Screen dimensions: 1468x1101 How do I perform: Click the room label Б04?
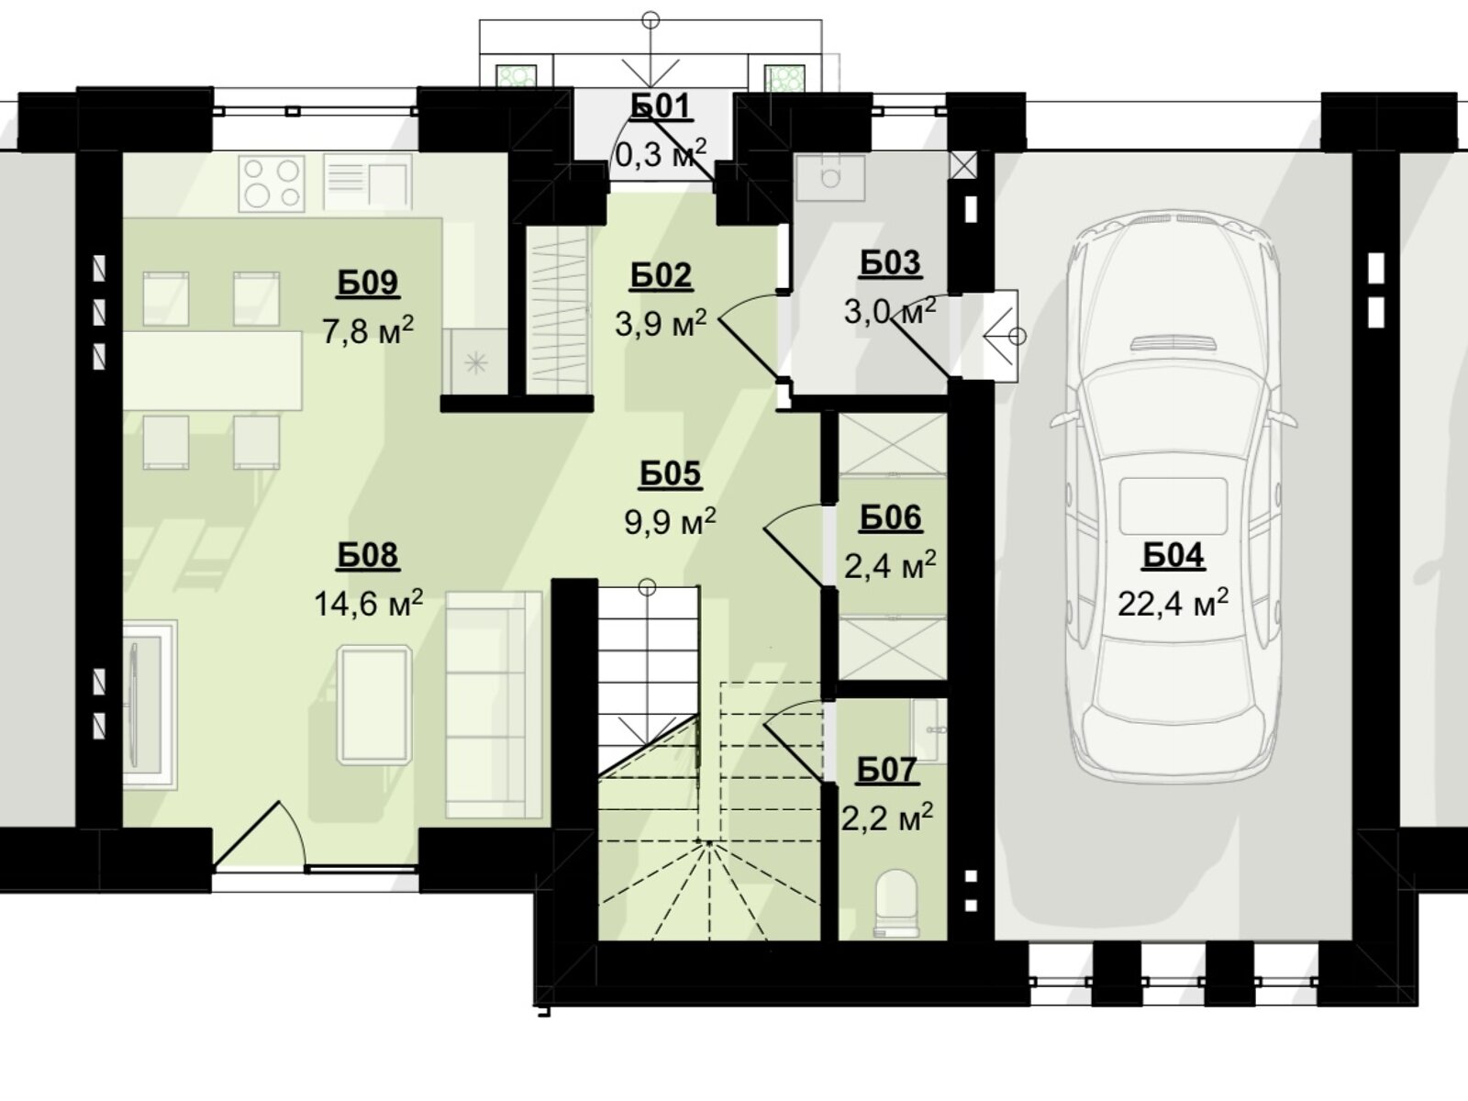(1173, 555)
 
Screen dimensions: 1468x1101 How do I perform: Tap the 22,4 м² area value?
(1173, 603)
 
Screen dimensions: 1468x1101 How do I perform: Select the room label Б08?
(368, 555)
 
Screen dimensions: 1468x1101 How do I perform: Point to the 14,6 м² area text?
(368, 603)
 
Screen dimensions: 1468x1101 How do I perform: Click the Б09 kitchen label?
(368, 283)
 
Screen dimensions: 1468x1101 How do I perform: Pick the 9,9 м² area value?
(670, 521)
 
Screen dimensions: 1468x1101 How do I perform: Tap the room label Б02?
(661, 276)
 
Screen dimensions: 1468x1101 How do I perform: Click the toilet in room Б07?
(896, 903)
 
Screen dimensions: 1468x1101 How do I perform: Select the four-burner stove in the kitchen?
(272, 183)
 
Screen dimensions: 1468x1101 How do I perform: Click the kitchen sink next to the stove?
(367, 183)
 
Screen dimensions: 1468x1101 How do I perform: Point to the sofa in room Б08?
(494, 705)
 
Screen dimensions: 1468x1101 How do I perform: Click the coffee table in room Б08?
(374, 705)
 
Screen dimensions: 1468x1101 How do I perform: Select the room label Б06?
(890, 518)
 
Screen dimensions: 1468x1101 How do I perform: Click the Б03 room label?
(890, 263)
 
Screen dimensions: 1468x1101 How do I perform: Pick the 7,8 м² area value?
(368, 330)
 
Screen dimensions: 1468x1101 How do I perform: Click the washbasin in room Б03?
(830, 177)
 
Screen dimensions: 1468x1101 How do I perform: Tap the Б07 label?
(887, 770)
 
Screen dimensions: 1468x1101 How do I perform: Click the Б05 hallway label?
(670, 474)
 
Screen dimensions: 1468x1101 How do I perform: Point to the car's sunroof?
(1173, 505)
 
